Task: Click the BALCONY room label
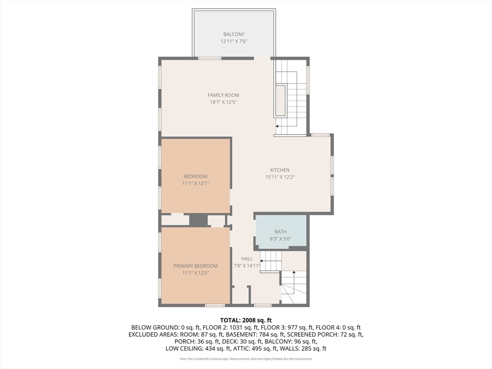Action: click(234, 34)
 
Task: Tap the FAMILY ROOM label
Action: click(223, 95)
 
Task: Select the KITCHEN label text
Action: click(280, 170)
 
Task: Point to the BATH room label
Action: click(281, 232)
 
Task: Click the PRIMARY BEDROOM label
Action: click(196, 266)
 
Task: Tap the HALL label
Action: click(247, 259)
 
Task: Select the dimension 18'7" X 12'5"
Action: click(223, 102)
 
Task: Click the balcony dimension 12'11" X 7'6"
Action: click(234, 41)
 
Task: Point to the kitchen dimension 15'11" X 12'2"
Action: click(280, 177)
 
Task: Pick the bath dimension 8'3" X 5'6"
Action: click(281, 239)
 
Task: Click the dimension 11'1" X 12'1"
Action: click(196, 183)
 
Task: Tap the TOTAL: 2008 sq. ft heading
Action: click(246, 320)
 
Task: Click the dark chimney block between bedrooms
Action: click(198, 220)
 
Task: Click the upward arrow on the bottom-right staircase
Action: click(294, 283)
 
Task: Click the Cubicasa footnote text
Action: click(246, 359)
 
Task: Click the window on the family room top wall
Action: click(209, 58)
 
